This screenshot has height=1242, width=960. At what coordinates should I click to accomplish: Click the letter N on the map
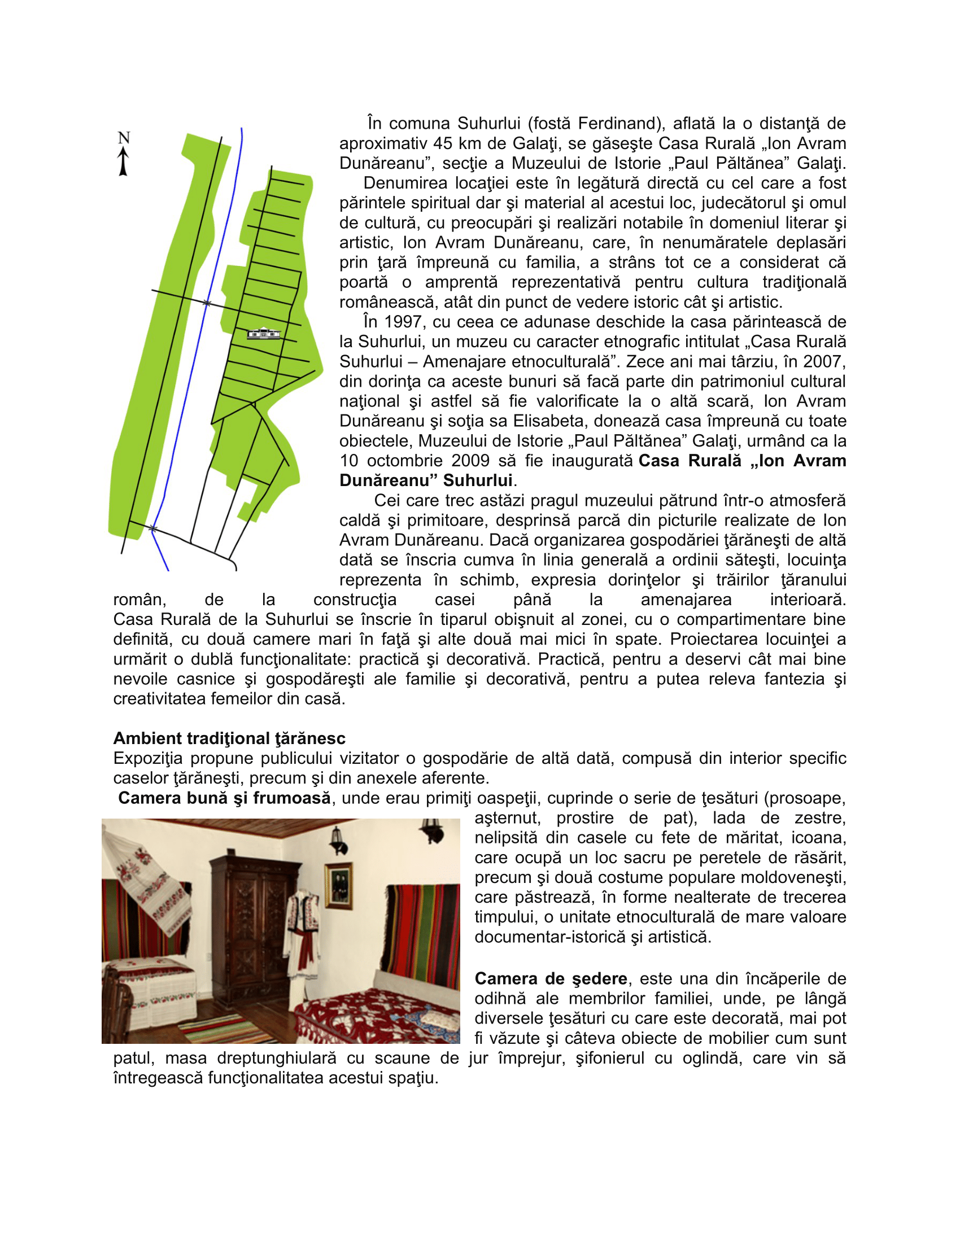124,138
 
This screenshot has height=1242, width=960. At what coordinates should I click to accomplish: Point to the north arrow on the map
123,162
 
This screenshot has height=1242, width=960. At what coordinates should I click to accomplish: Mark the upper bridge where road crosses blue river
207,303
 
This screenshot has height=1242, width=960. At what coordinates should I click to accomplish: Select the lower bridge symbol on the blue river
152,529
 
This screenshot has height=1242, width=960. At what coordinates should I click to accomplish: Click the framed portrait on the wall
338,885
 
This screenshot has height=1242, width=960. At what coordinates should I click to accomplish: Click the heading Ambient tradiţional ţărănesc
229,738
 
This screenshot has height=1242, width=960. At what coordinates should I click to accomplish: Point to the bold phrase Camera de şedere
551,978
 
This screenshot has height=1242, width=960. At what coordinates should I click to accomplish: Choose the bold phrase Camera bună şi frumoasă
224,798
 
